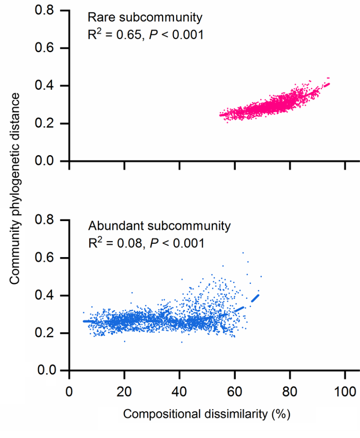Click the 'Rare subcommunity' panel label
coord(145,18)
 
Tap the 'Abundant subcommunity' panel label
coord(159,225)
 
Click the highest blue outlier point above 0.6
coord(243,252)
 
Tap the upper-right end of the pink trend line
coord(328,83)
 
